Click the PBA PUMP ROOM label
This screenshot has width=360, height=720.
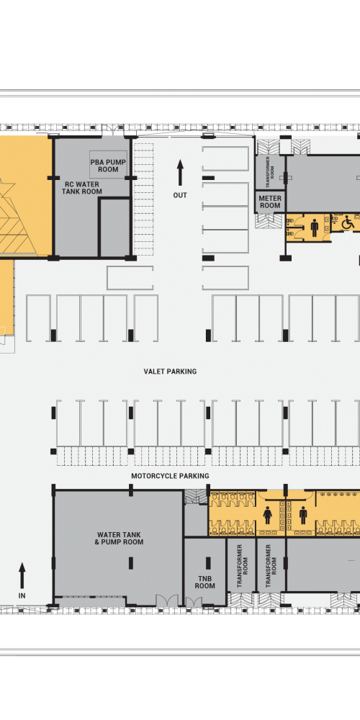108,166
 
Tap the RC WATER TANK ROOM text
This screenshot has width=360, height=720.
82,188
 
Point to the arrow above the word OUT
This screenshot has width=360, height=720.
180,173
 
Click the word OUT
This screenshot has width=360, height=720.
180,195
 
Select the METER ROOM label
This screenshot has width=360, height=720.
271,202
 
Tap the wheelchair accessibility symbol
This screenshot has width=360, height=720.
348,223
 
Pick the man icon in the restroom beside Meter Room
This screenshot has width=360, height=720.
314,228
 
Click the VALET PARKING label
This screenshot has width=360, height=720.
170,371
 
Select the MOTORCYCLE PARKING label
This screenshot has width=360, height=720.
170,476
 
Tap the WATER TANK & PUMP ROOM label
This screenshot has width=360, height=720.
119,538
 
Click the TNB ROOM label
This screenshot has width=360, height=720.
204,582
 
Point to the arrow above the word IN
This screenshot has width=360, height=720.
22,576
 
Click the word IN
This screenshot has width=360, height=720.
22,595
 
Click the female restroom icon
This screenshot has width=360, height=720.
268,516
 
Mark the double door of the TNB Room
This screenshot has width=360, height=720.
193,600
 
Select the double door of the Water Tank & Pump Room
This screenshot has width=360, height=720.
167,600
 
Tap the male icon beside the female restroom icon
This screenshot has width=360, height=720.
303,516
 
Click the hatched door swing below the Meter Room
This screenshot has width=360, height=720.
265,220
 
